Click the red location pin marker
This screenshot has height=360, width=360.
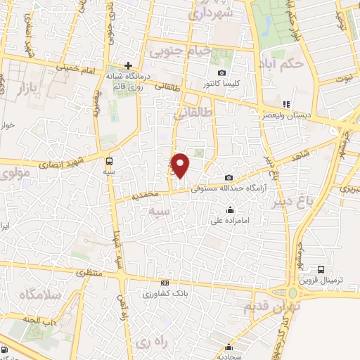181,165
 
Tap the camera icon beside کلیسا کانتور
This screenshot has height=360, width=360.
222,72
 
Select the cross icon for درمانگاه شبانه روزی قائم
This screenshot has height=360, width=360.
128,65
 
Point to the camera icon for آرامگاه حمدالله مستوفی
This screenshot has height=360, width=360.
229,178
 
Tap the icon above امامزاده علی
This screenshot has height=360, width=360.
230,210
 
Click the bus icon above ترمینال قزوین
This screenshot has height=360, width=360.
321,269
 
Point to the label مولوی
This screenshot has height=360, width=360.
15,172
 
